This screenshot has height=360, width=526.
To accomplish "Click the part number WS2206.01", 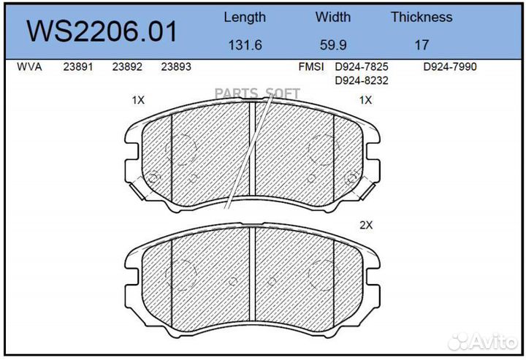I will [102, 32].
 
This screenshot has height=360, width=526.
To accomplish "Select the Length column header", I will [244, 17].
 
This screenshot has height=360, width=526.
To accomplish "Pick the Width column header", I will [332, 17].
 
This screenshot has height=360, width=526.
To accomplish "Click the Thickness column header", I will [421, 17].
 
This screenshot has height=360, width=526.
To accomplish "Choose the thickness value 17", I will [422, 45].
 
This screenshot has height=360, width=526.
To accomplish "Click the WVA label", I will [29, 67].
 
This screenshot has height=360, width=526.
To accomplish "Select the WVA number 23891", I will [78, 67].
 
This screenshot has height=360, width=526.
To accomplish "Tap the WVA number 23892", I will [126, 67].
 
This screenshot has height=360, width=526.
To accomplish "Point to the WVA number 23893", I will [176, 67].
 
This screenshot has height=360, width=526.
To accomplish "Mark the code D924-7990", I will [450, 67].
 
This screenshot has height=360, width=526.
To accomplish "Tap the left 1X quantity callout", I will [137, 100].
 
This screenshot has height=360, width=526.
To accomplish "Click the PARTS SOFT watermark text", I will [256, 93].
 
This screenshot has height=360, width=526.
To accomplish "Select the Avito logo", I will [484, 341].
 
